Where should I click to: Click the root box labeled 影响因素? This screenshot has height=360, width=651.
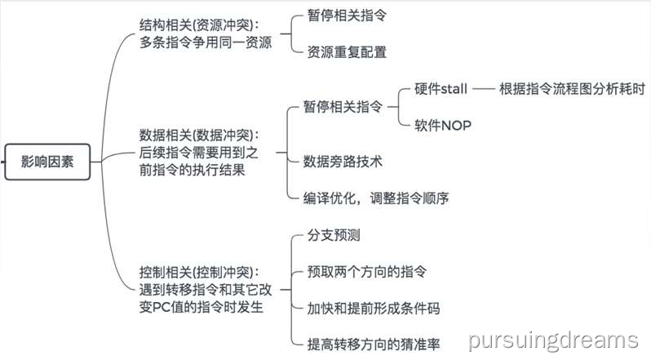coord(46,161)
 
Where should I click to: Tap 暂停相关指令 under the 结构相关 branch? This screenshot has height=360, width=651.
coord(348,15)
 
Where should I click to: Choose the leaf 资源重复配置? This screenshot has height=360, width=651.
coord(347,51)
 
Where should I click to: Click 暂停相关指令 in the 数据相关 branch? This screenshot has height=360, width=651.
coord(342,106)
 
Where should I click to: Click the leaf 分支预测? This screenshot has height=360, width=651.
coord(334,235)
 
